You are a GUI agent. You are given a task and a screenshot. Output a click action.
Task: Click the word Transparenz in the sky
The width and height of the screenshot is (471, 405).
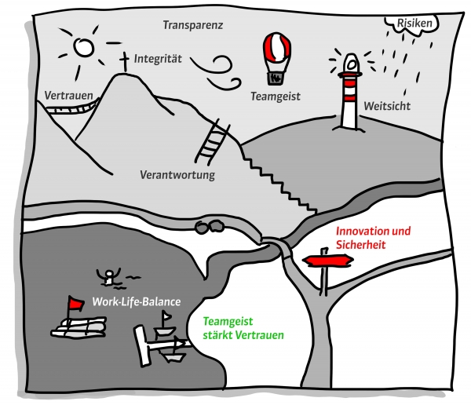(193, 25)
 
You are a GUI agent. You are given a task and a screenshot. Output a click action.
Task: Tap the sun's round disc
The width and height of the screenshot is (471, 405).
(83, 48)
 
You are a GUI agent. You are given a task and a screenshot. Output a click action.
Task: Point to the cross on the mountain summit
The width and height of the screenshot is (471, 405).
(124, 61)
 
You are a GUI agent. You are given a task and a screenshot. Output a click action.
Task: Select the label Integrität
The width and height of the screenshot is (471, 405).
(158, 59)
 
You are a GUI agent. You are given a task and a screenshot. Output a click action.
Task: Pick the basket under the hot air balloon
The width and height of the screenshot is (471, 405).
(276, 78)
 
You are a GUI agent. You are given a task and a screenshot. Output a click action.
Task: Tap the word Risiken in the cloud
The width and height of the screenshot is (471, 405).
(414, 24)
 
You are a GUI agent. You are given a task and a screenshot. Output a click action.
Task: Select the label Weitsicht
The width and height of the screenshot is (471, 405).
(387, 106)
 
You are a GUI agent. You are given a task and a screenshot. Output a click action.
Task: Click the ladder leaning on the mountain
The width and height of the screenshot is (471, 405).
(212, 142)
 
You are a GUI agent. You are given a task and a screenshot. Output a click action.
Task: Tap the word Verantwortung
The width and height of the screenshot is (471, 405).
(177, 175)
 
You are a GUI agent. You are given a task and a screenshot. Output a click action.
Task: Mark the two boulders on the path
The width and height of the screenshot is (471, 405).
(210, 226)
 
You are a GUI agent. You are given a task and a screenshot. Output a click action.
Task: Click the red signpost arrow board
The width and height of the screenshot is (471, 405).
(327, 260)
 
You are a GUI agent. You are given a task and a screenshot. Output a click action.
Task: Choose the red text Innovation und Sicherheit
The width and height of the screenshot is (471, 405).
(373, 238)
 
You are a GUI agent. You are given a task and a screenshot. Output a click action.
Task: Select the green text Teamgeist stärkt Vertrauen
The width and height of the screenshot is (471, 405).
(243, 328)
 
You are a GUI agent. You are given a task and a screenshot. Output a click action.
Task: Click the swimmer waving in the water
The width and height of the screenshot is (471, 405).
(109, 276)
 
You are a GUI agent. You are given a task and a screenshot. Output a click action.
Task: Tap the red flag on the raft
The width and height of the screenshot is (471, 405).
(75, 303)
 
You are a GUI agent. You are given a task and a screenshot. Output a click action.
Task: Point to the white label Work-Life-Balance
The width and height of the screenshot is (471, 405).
(137, 301)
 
